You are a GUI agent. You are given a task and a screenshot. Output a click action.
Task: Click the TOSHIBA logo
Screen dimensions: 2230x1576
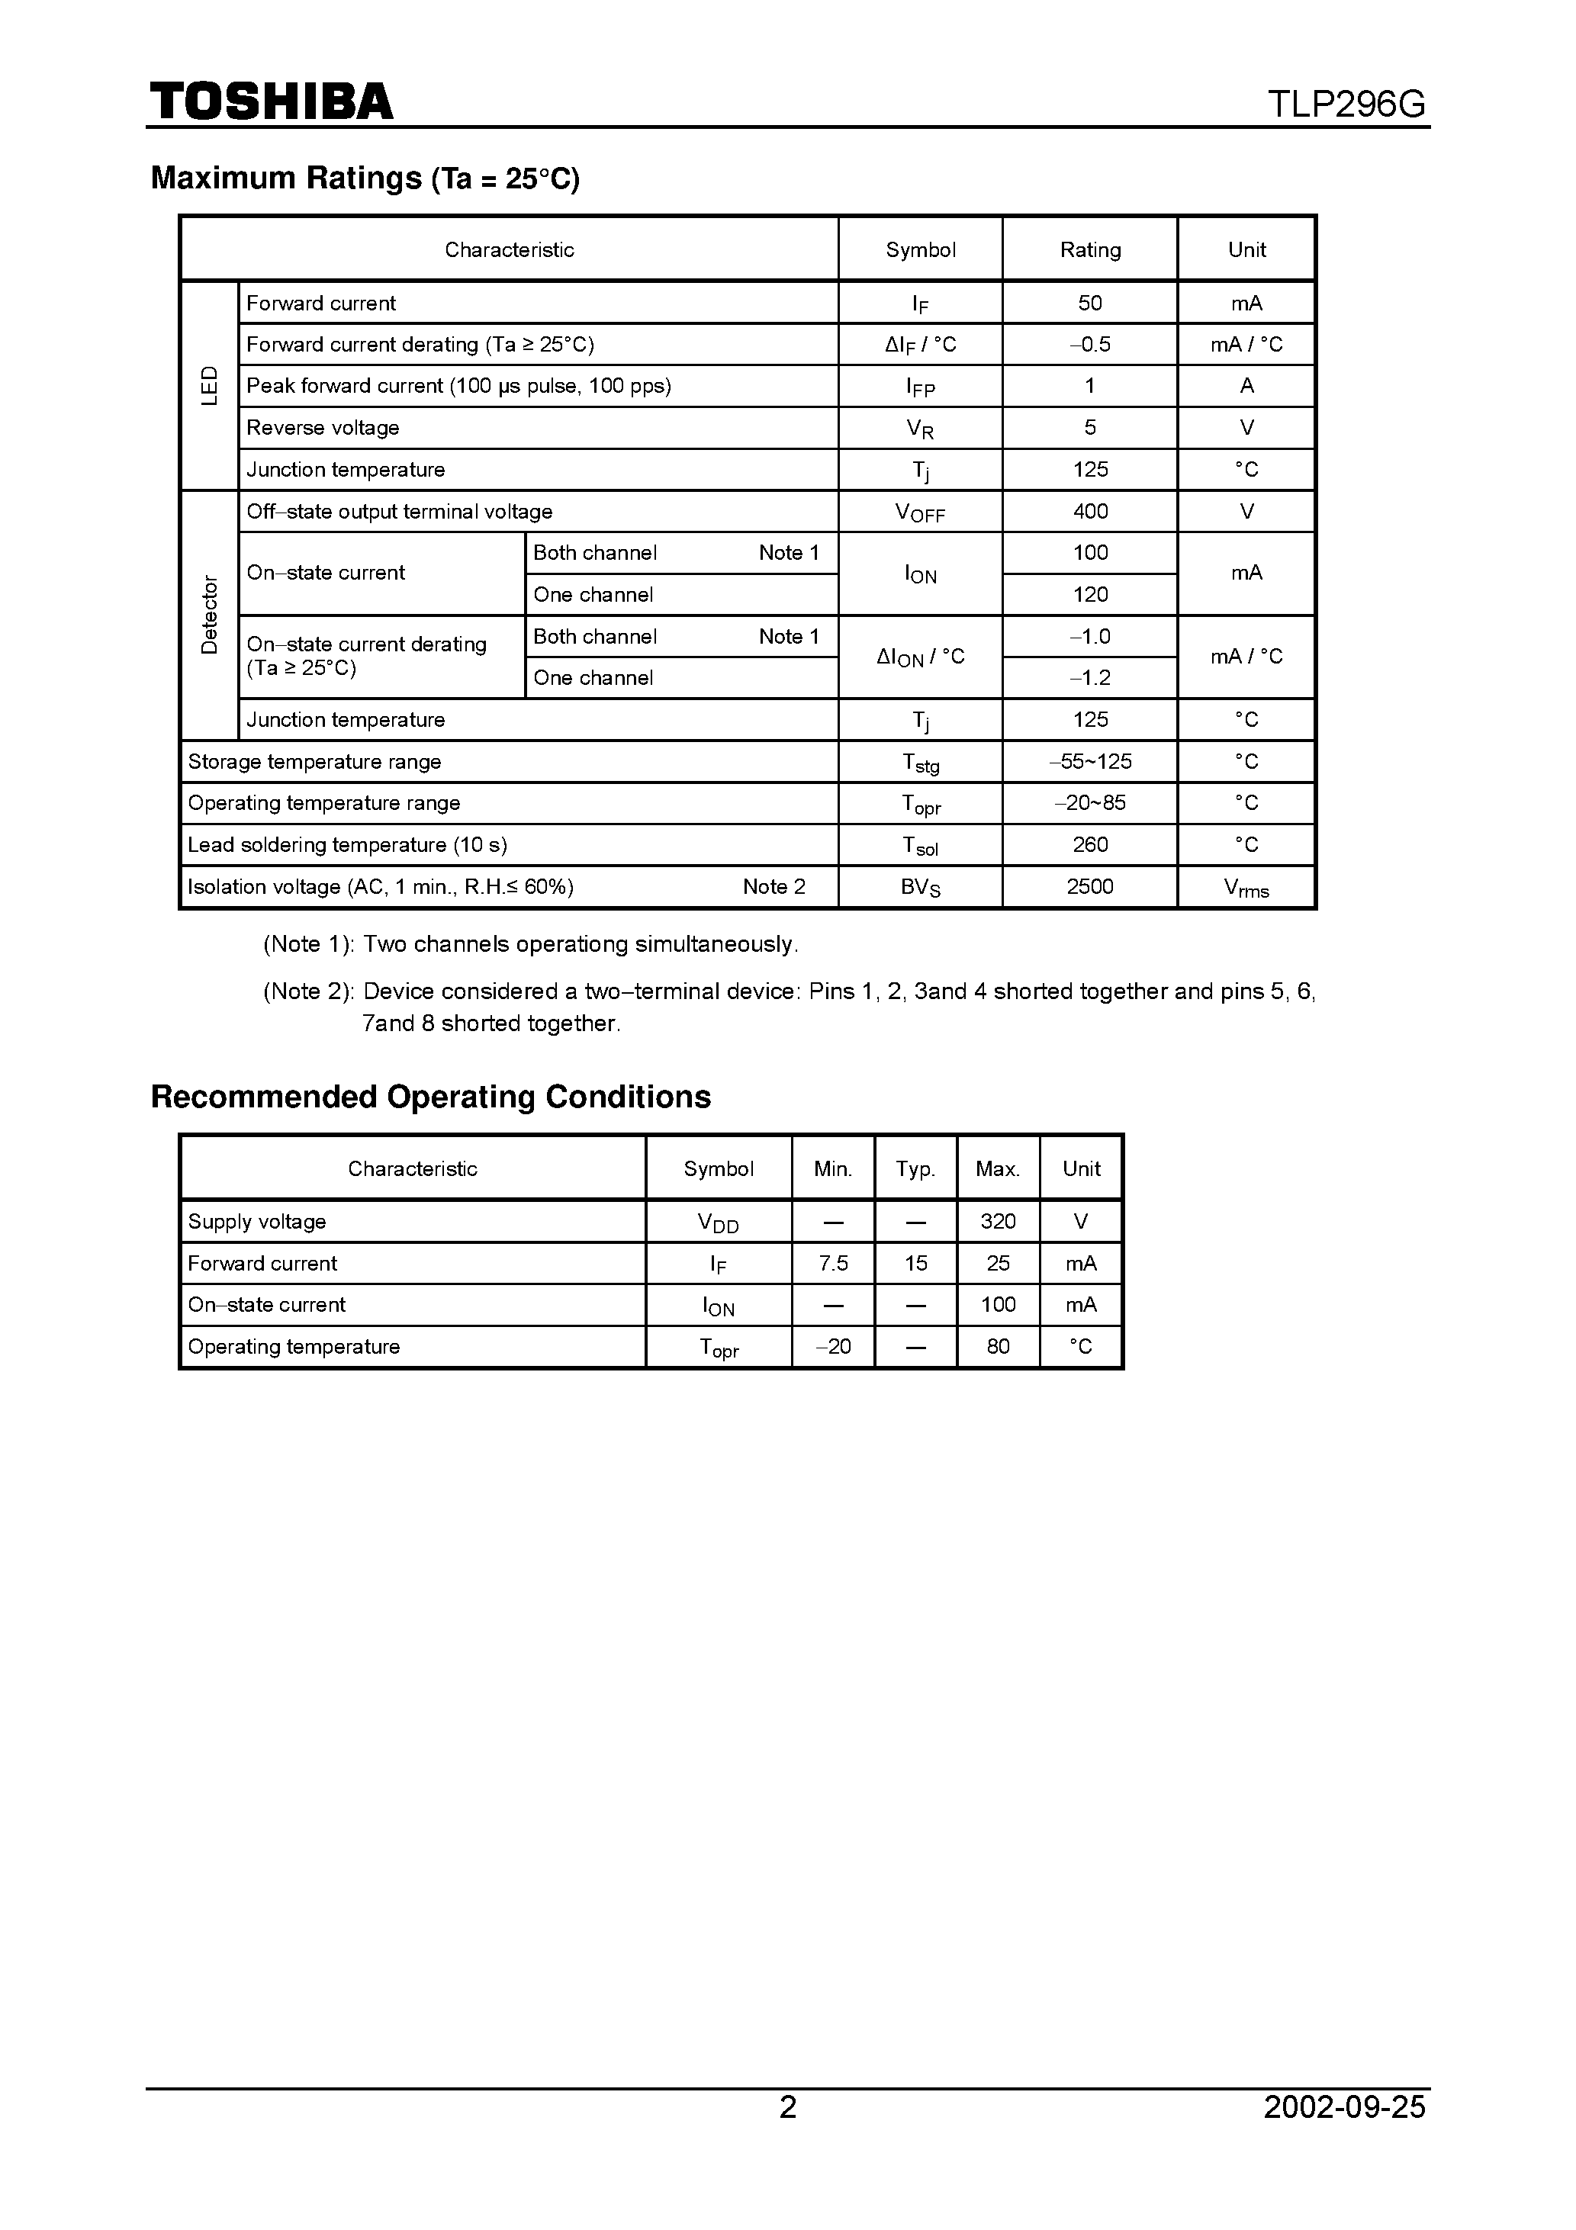tap(271, 101)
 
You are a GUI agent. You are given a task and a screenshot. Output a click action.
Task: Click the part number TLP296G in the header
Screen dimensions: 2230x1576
tap(1346, 104)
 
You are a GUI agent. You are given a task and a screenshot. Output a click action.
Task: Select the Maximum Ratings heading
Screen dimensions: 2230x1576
tap(365, 178)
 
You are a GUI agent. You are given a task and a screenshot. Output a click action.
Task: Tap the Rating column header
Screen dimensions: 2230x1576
tap(1089, 249)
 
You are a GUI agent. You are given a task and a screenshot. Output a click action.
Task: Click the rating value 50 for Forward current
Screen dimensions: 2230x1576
tap(1089, 303)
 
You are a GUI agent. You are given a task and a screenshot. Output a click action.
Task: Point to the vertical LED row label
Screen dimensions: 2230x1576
tap(209, 386)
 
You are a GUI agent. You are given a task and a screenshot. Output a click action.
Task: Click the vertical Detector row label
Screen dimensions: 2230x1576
tap(209, 615)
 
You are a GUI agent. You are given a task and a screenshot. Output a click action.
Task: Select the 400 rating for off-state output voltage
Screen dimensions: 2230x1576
tap(1089, 511)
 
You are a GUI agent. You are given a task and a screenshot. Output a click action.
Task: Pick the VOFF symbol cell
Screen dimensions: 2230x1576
tap(919, 512)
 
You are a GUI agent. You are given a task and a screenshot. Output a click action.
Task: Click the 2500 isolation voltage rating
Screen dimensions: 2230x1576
tap(1089, 885)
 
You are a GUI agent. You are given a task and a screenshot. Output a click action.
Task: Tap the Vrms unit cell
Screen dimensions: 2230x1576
tap(1246, 887)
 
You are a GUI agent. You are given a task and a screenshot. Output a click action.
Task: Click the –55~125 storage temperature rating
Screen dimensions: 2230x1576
tap(1089, 761)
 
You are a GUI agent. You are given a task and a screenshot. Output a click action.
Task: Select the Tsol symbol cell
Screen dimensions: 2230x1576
tap(919, 845)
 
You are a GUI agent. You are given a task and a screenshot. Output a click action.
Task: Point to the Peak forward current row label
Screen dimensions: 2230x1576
tap(458, 386)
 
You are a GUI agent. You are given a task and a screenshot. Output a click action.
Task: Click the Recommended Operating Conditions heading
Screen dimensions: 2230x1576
tap(430, 1097)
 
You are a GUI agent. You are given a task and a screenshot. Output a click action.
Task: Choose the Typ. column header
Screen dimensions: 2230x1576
tap(915, 1168)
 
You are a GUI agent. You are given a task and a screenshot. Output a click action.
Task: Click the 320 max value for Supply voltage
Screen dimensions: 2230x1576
tap(998, 1221)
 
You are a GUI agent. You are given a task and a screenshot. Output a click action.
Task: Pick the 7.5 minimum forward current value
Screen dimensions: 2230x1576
tap(833, 1263)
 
